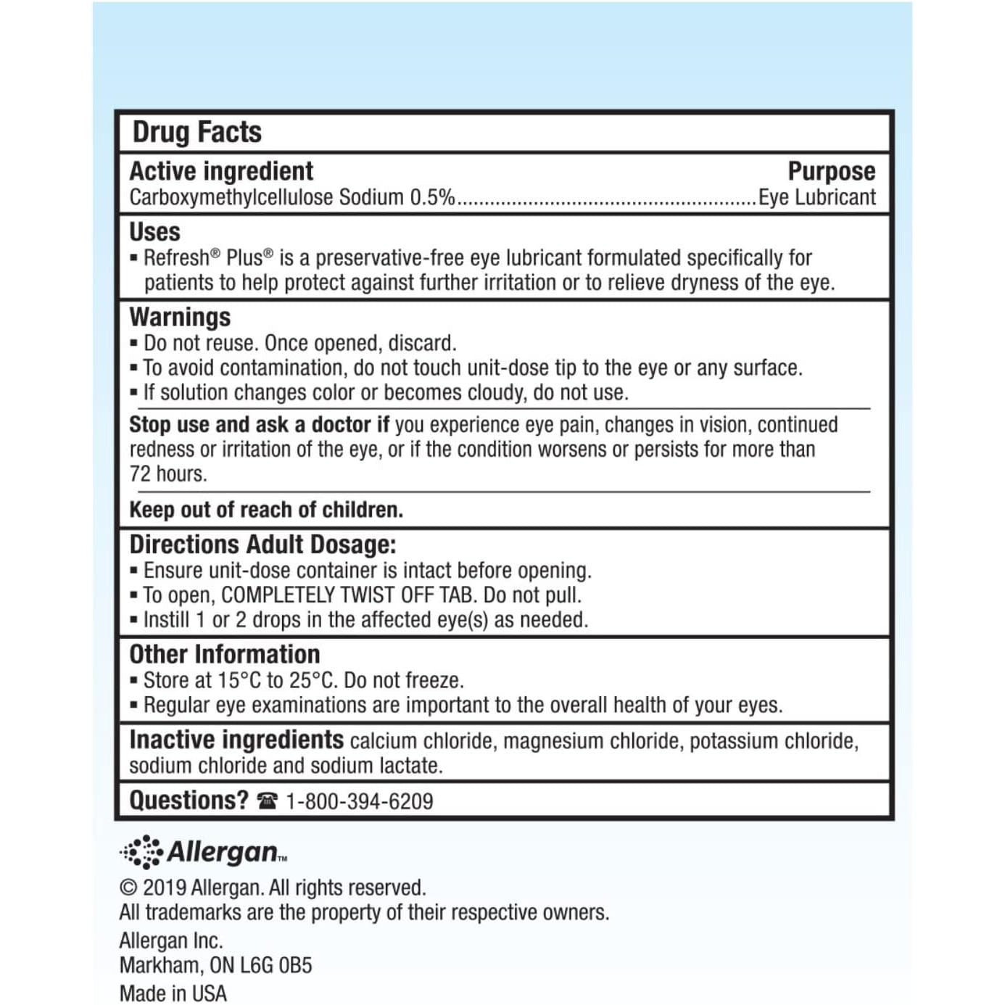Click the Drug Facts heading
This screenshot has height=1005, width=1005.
(x=197, y=132)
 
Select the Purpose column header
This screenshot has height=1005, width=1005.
(x=831, y=171)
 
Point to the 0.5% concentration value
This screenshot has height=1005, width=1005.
(x=432, y=197)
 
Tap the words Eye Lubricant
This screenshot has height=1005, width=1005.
(x=817, y=197)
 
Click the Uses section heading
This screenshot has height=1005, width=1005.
(x=154, y=232)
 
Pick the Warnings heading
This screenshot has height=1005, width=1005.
(x=180, y=317)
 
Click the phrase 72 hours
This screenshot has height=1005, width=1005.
(x=168, y=474)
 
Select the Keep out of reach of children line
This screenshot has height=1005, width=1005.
(x=265, y=510)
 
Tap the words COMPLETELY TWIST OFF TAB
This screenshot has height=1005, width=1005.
(x=348, y=595)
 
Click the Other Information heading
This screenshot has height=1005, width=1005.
(x=224, y=654)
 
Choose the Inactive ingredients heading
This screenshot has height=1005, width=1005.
(x=236, y=740)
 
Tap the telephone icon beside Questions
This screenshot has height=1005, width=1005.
(x=267, y=801)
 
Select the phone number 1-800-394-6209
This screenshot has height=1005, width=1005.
(x=360, y=801)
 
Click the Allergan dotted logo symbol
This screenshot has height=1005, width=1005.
(x=141, y=851)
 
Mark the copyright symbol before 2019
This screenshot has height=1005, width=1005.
(x=128, y=888)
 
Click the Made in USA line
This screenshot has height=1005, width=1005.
(x=173, y=993)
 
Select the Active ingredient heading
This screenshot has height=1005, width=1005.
(x=221, y=171)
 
